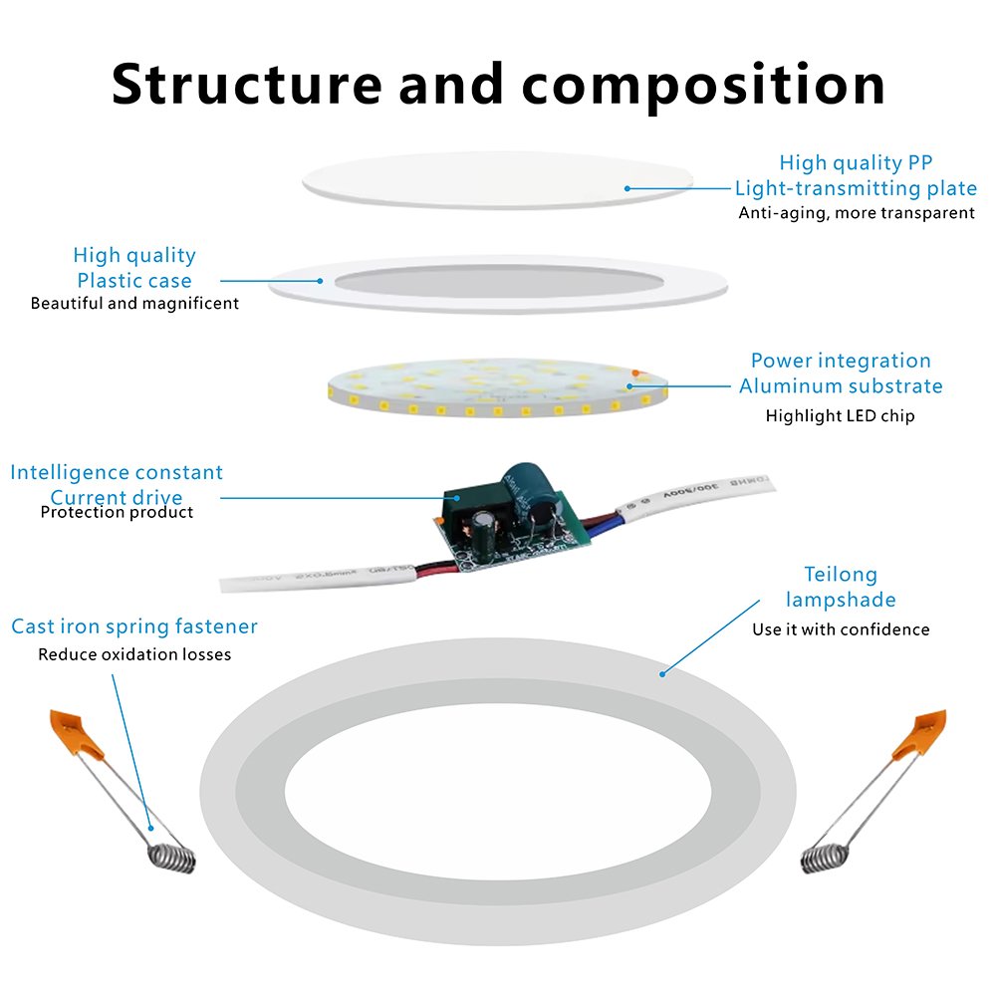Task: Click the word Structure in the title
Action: click(x=245, y=84)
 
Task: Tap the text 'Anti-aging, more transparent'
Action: click(x=856, y=213)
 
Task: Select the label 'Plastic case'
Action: click(x=134, y=281)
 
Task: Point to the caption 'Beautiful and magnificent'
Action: click(x=134, y=303)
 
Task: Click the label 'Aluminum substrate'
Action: click(x=840, y=386)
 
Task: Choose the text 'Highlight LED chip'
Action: click(x=840, y=415)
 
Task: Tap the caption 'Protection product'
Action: click(x=117, y=512)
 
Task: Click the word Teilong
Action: click(x=841, y=575)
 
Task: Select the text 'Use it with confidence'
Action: click(x=841, y=629)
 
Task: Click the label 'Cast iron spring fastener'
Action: click(x=134, y=626)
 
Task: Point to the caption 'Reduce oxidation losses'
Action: click(x=134, y=654)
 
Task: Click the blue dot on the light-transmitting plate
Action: click(x=627, y=187)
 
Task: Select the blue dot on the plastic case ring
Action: click(x=321, y=280)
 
